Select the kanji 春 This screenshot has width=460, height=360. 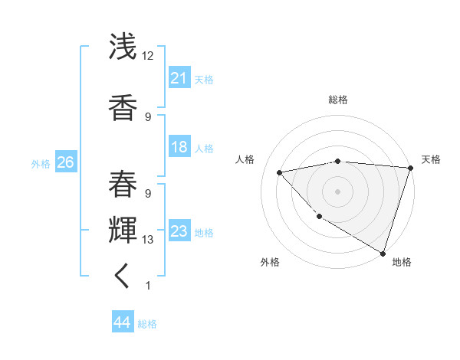(123, 183)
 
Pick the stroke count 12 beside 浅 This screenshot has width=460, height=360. (148, 56)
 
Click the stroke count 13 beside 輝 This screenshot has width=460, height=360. (148, 240)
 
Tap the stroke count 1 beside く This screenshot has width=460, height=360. (148, 286)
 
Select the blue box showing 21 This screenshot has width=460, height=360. (179, 78)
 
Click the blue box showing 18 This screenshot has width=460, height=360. (179, 147)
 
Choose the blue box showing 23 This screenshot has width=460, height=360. (179, 231)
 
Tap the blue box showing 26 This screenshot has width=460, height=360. (65, 162)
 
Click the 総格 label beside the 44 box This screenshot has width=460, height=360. (147, 324)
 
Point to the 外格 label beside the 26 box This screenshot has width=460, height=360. (40, 164)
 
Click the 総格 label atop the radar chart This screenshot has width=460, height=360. (337, 100)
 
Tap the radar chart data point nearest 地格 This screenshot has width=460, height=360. (382, 252)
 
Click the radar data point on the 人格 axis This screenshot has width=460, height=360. (280, 172)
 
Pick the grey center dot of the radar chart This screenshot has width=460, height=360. (337, 191)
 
